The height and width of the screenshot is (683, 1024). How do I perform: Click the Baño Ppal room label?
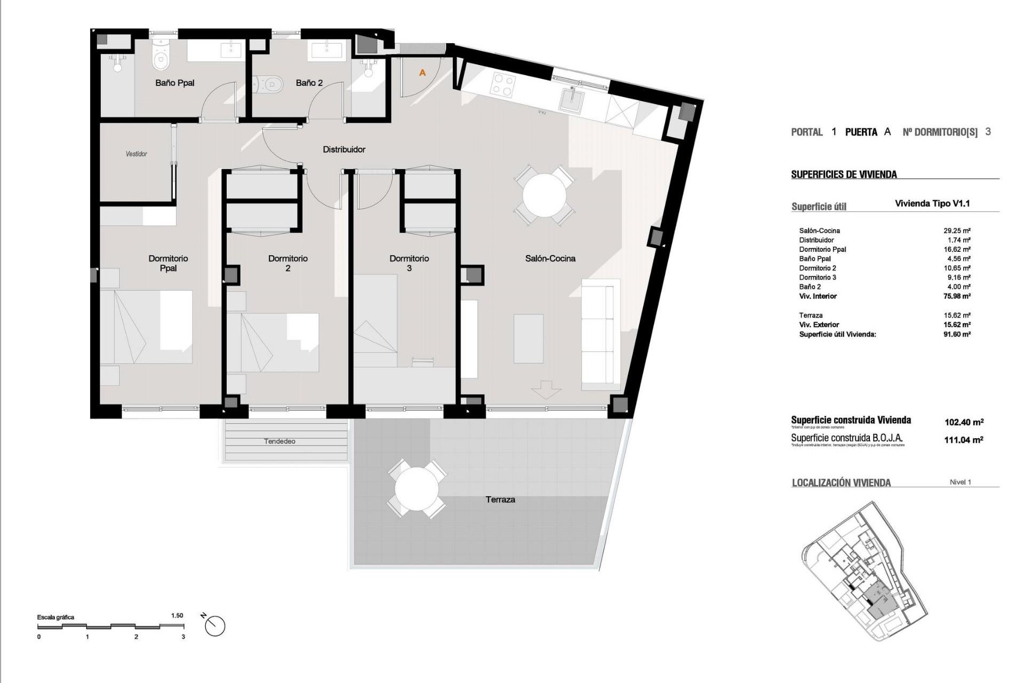click(174, 83)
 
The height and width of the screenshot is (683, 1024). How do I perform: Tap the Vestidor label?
click(136, 154)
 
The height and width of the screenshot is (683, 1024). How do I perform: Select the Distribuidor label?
click(344, 149)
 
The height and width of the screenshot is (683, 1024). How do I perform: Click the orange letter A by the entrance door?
click(422, 73)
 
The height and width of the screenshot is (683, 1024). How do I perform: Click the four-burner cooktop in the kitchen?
click(503, 84)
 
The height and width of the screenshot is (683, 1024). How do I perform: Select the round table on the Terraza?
click(417, 489)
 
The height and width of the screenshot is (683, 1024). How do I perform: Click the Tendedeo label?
click(279, 441)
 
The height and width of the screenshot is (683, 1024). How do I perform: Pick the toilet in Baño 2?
click(269, 84)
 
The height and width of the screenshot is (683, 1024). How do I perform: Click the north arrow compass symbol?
click(215, 625)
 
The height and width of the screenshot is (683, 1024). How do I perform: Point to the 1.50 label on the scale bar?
click(177, 615)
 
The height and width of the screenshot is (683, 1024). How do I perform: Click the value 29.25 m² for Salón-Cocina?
click(957, 231)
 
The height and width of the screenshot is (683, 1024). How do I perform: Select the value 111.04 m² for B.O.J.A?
click(964, 440)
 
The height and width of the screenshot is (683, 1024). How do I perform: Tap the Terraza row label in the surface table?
click(811, 315)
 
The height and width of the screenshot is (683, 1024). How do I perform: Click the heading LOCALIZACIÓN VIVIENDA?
click(841, 483)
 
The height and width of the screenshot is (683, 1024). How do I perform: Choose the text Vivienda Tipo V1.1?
click(932, 203)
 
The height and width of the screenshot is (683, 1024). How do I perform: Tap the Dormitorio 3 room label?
click(409, 263)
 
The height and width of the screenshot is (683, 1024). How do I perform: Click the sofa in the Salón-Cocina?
click(600, 333)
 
